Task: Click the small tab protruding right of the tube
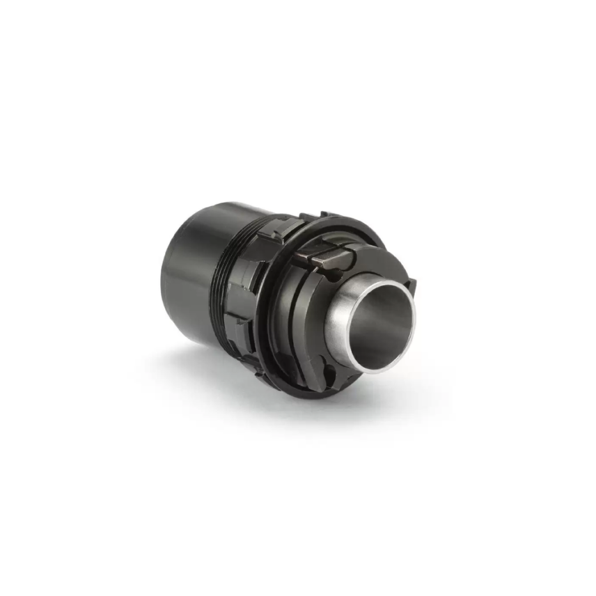pos(411,286)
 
